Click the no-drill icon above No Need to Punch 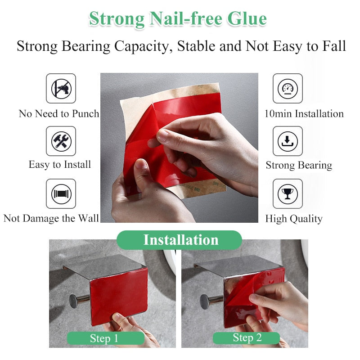61,88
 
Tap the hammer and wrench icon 61,141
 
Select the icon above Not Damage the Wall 61,194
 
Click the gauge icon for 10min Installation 288,88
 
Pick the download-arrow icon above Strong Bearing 288,141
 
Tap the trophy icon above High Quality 288,194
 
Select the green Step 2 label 246,338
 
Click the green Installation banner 180,240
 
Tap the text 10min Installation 304,114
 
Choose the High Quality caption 294,219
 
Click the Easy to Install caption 60,165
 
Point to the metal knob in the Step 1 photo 74,301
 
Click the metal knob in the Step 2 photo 205,301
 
